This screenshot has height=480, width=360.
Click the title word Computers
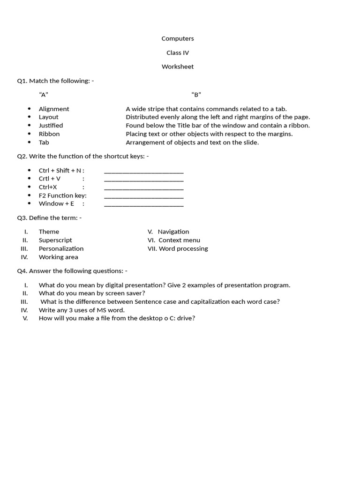[178, 38]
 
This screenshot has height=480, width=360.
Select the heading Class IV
[178, 52]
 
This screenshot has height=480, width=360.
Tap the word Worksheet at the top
[178, 67]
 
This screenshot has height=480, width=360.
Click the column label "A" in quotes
[44, 95]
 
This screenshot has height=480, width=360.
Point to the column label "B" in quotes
[196, 95]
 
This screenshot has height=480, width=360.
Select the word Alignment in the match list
[54, 109]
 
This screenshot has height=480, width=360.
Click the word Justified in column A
[51, 126]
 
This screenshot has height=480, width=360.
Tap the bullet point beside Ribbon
[29, 134]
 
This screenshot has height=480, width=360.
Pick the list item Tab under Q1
[44, 142]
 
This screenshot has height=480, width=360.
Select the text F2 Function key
[62, 195]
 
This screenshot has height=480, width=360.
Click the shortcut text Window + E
[56, 203]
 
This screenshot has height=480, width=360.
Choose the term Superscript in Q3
[55, 240]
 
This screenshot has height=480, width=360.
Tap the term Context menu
[179, 240]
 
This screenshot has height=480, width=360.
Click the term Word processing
[183, 248]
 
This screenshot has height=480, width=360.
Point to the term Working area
[58, 257]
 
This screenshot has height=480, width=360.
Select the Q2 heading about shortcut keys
[83, 156]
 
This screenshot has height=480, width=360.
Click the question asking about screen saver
[92, 293]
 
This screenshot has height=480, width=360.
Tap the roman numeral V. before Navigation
[150, 232]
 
